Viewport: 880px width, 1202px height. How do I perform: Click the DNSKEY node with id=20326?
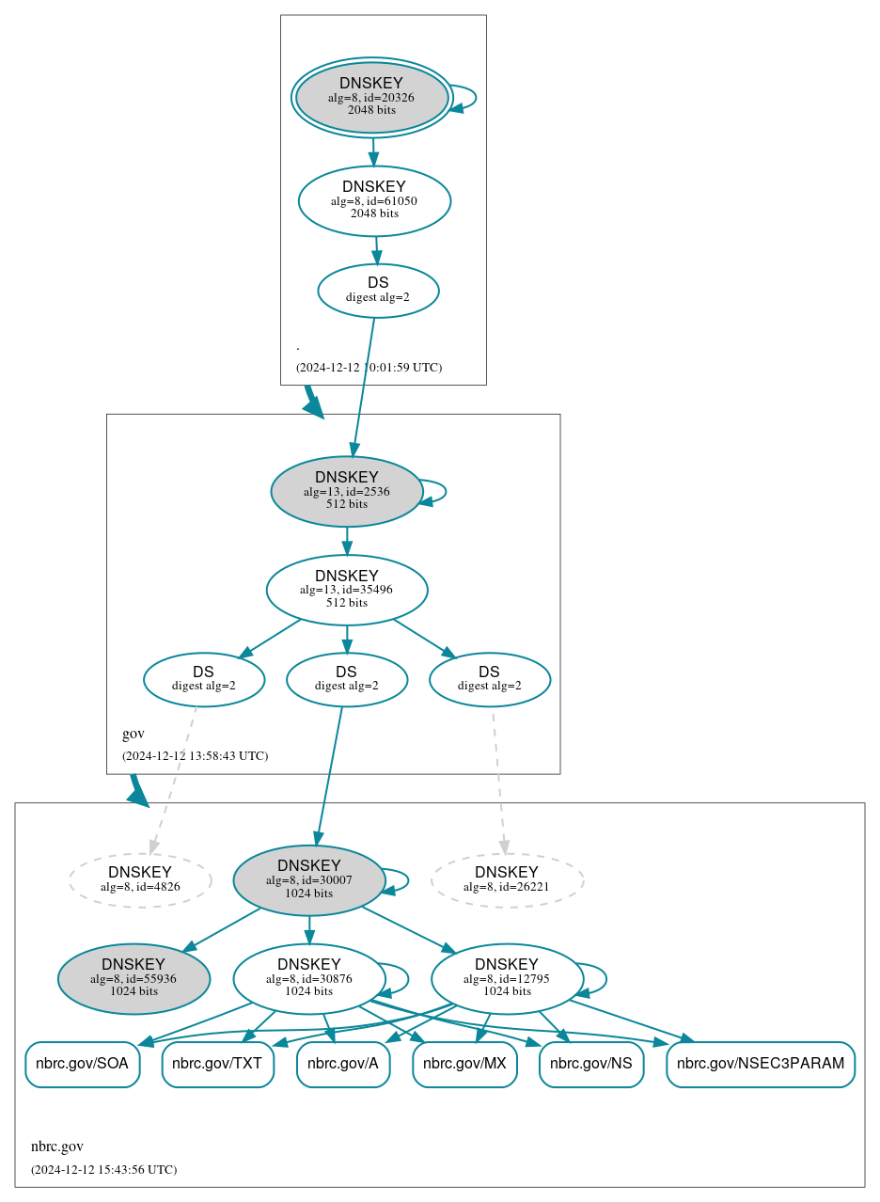pos(371,97)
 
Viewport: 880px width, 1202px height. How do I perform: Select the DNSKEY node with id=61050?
pos(374,200)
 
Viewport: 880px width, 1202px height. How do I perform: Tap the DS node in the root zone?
pos(378,291)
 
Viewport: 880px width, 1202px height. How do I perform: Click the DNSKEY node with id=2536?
pos(346,491)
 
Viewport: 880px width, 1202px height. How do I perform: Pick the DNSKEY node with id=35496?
pos(346,590)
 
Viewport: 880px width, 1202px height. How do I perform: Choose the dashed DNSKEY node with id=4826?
pos(139,879)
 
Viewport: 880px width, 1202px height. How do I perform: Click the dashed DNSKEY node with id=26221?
pos(507,879)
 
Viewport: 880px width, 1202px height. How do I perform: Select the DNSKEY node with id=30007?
pos(308,879)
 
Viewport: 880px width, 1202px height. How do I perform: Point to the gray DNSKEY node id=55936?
pos(134,978)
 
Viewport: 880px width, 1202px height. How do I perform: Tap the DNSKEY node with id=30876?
pos(308,978)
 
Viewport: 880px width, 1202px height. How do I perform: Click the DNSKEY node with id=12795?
pos(507,978)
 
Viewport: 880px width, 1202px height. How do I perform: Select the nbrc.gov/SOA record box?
pos(83,1064)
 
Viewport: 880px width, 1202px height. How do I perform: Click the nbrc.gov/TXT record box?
pos(218,1064)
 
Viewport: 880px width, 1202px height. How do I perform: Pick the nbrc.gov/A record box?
pos(343,1064)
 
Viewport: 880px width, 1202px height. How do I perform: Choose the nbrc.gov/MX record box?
pos(464,1064)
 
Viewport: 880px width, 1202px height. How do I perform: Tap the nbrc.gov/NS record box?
pos(591,1064)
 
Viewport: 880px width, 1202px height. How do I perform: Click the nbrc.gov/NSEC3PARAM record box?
pos(761,1064)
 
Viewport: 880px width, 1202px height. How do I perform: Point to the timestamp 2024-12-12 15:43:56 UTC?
pos(103,1169)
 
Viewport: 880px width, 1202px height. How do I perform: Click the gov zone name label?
pos(134,734)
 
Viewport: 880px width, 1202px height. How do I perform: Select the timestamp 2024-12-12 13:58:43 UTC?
pos(195,755)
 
